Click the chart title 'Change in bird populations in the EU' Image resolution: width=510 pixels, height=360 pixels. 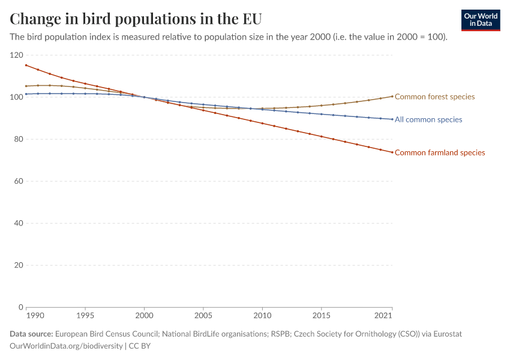136,19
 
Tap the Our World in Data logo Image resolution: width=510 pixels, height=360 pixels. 480,20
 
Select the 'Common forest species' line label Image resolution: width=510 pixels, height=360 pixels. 434,97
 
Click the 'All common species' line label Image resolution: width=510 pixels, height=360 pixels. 428,119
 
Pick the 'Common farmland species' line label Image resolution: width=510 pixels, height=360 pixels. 440,152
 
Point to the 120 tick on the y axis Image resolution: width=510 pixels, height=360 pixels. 16,55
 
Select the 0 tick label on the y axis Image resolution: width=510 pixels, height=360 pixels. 20,307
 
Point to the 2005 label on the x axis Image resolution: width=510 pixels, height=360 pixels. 203,316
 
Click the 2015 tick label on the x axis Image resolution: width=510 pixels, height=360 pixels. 322,316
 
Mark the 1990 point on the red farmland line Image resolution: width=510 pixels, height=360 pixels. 26,65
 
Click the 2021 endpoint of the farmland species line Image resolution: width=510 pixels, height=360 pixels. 392,152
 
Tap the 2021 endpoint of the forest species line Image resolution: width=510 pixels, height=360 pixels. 392,96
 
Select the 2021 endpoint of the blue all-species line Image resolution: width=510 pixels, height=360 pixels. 392,119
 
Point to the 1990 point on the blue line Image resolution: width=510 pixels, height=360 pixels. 26,94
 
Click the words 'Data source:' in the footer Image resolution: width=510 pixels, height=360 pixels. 31,334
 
